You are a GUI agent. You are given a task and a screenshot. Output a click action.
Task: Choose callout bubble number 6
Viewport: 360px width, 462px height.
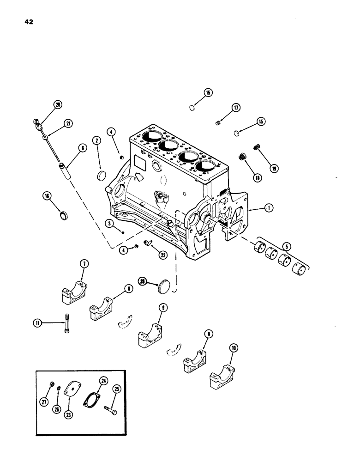83,148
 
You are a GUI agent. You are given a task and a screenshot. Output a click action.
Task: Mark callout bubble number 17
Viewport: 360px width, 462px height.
235,108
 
